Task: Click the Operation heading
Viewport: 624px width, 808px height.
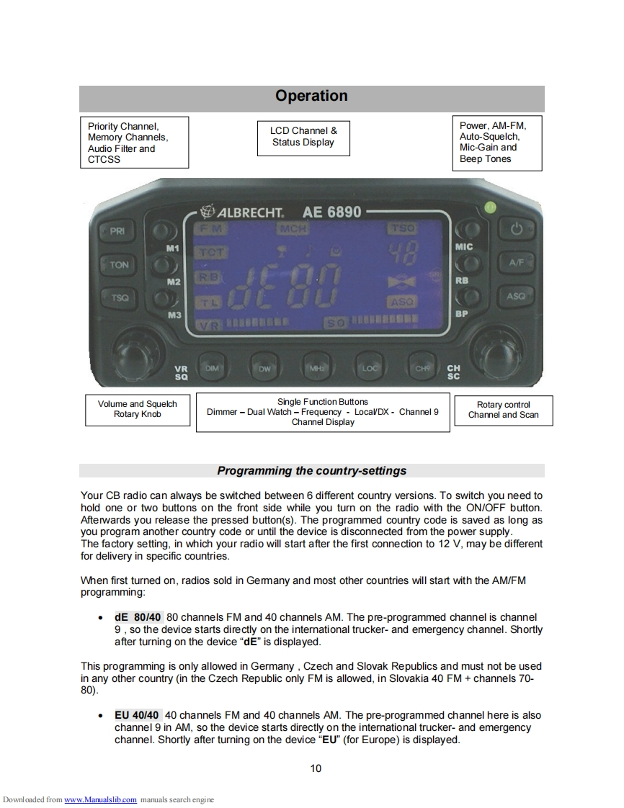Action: click(311, 96)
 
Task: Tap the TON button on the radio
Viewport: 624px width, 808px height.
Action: click(119, 264)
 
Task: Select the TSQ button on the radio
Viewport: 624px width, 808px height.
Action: click(119, 297)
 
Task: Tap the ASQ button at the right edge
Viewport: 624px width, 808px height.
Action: click(516, 296)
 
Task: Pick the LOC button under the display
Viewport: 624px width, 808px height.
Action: click(370, 367)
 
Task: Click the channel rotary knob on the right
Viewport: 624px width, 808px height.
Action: click(498, 355)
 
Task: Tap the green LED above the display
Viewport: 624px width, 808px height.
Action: click(490, 207)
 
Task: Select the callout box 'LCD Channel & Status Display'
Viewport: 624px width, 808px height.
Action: click(303, 137)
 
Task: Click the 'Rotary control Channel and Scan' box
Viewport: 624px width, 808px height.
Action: click(503, 410)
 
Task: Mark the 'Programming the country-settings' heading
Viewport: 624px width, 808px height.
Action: click(311, 471)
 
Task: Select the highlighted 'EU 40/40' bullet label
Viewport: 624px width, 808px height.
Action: click(137, 715)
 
